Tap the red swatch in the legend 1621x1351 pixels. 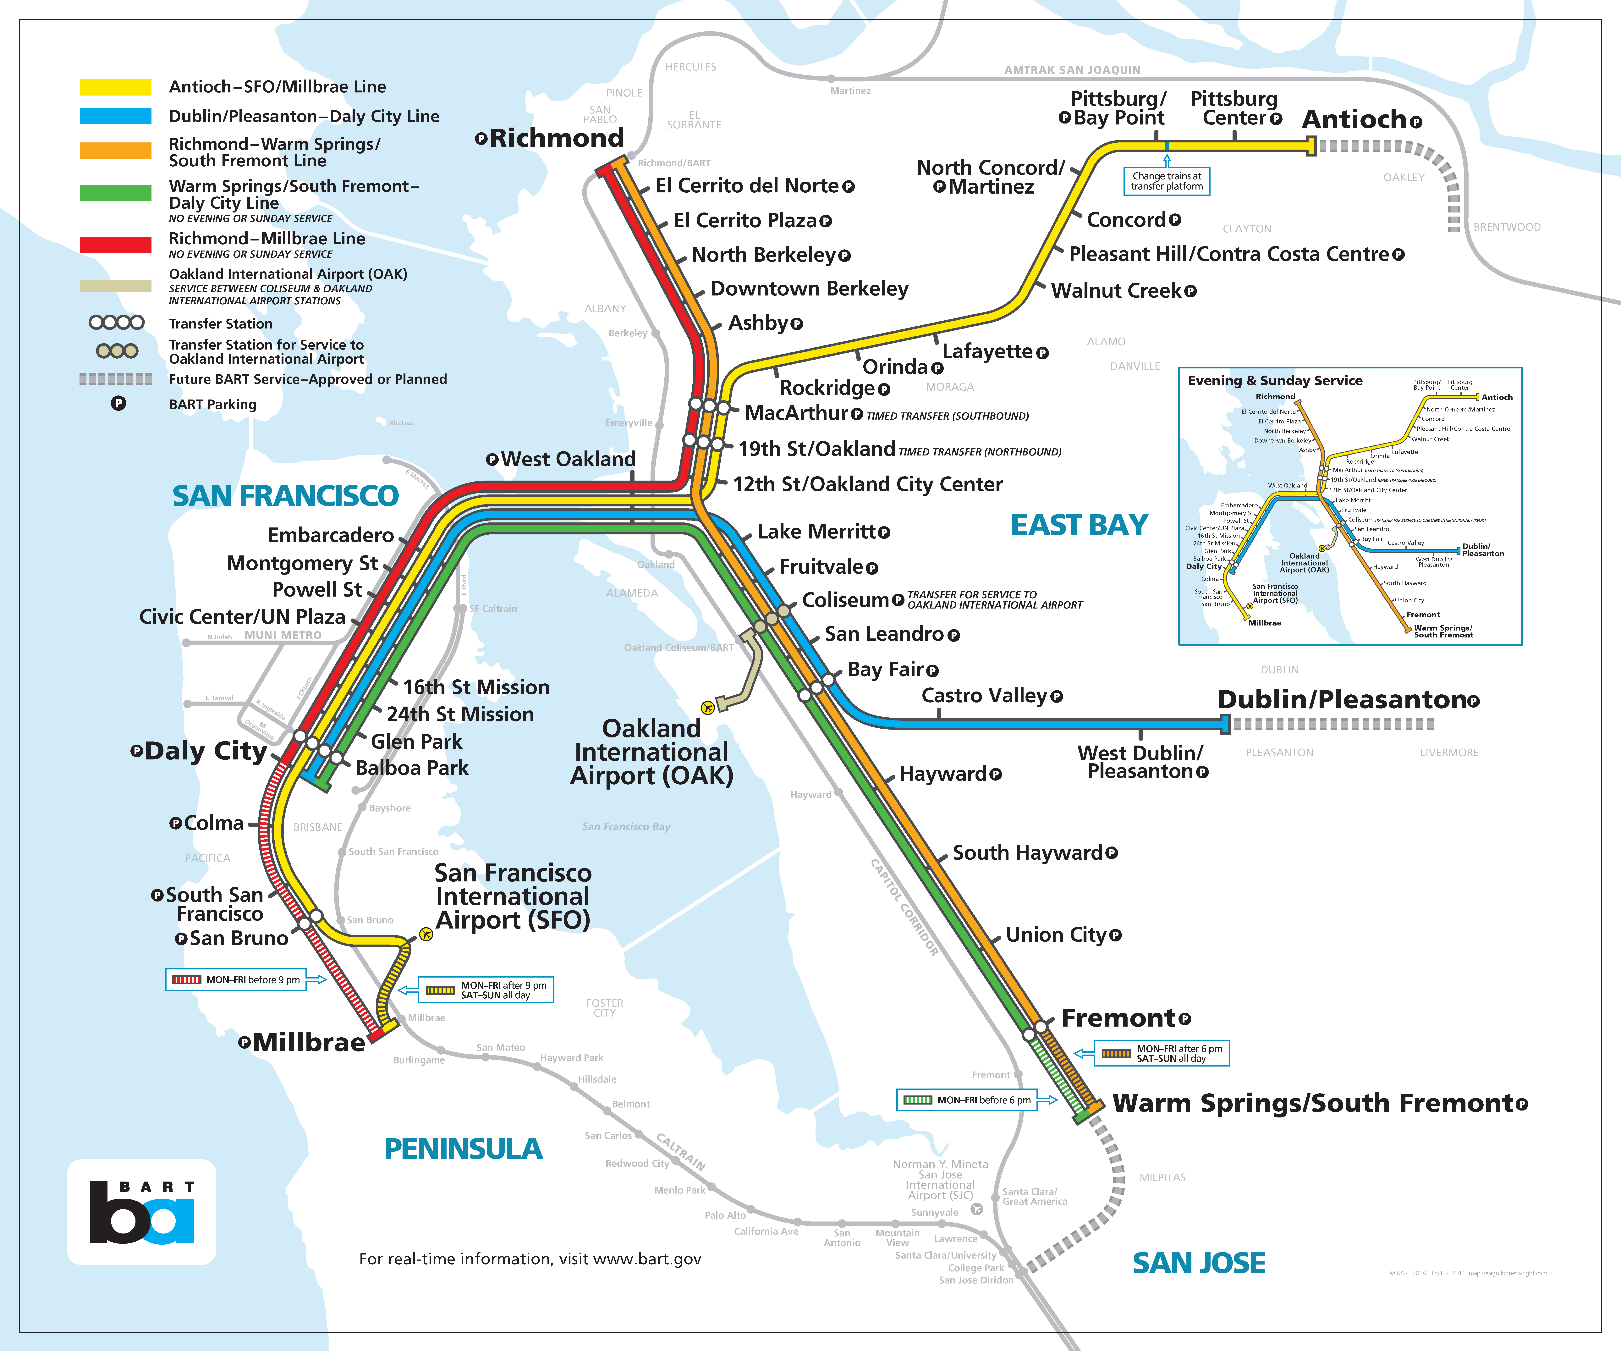(x=116, y=244)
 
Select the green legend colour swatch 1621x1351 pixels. (x=116, y=193)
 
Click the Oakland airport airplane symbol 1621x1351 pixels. (x=707, y=707)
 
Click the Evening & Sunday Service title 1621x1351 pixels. (x=1274, y=381)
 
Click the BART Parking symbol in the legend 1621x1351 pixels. (x=118, y=403)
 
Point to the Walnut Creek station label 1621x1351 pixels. (x=1116, y=291)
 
